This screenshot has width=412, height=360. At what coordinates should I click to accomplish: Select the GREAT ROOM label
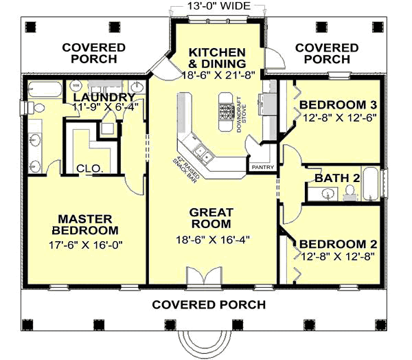click(x=211, y=218)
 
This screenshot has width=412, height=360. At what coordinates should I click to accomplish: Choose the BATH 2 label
click(x=337, y=179)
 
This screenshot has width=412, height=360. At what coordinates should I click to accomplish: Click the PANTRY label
click(x=263, y=167)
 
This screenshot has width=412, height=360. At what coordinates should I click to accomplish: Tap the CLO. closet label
click(x=89, y=167)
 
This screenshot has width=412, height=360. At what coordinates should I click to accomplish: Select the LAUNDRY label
click(x=103, y=97)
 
